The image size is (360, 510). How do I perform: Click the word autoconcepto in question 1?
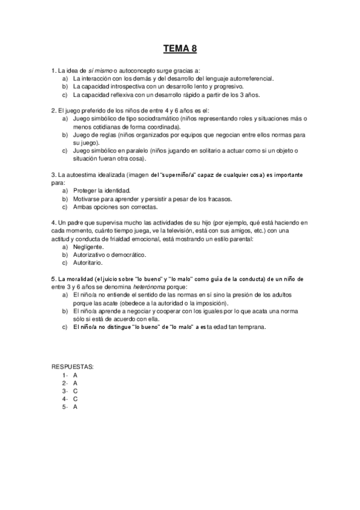pyautogui.click(x=138, y=70)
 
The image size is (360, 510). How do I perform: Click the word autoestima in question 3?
pyautogui.click(x=86, y=174)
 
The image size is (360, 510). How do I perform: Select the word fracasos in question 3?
pyautogui.click(x=218, y=198)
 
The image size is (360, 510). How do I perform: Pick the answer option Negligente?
pyautogui.click(x=88, y=247)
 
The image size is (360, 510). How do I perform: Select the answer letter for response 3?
pyautogui.click(x=75, y=390)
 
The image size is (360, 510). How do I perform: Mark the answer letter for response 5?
pyautogui.click(x=75, y=407)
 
